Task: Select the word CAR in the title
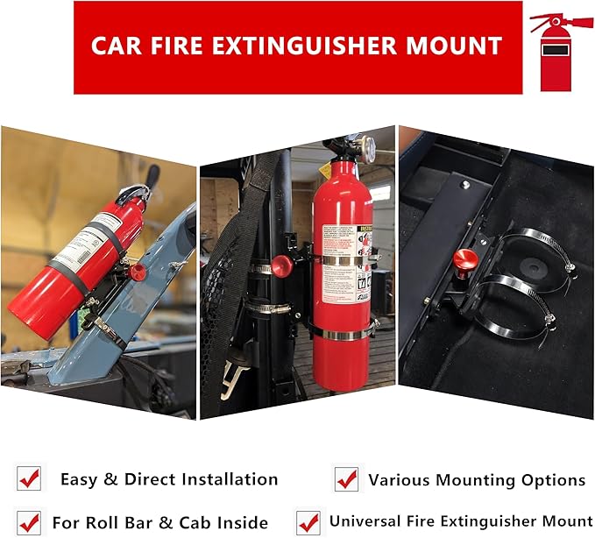click(x=115, y=46)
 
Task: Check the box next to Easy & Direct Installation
click(x=29, y=478)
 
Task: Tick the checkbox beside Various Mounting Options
click(x=347, y=479)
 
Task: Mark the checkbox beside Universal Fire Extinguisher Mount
click(x=308, y=522)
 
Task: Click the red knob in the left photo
click(x=138, y=272)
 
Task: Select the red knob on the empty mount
click(x=465, y=260)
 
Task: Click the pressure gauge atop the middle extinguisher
click(x=364, y=147)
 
